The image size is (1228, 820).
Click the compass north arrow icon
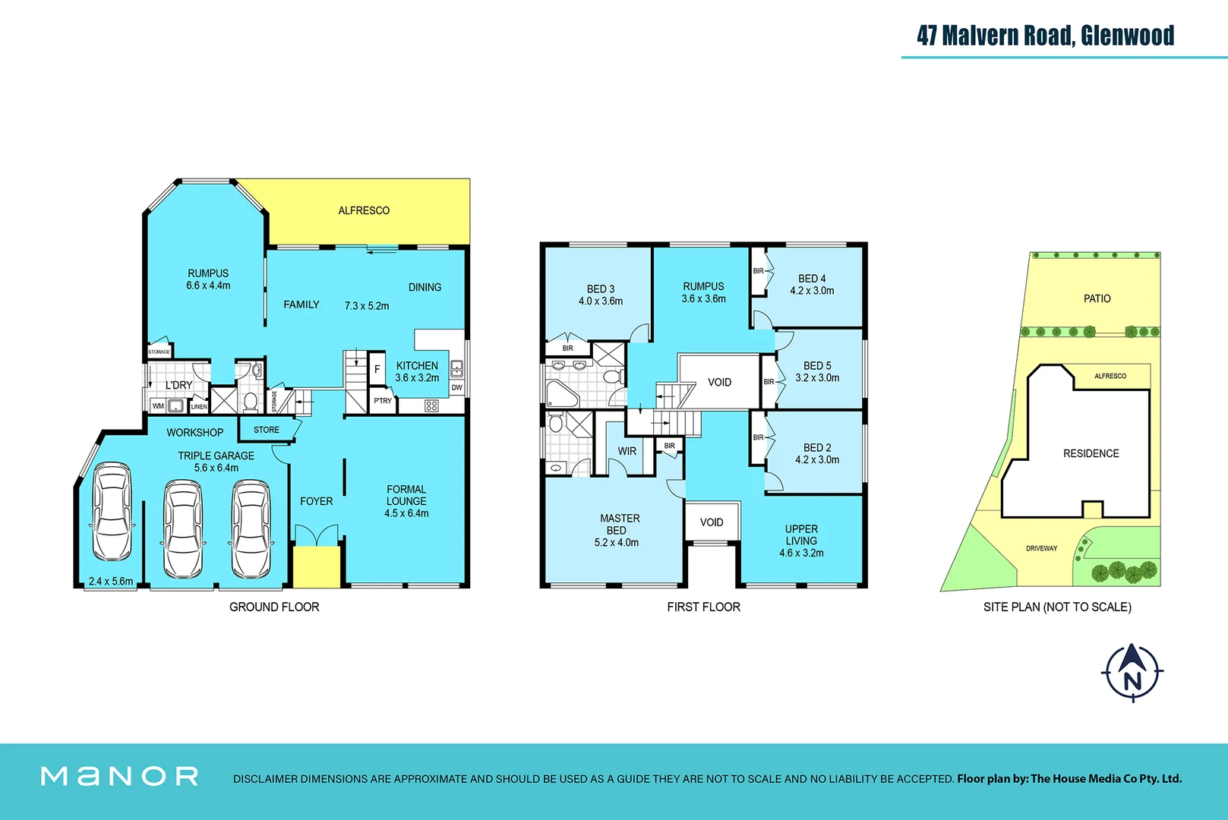point(1132,672)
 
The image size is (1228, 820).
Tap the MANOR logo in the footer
point(120,776)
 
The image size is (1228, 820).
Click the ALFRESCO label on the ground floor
point(364,210)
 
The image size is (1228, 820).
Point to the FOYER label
point(316,501)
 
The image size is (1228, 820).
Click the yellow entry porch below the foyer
point(317,566)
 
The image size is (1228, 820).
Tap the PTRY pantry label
point(383,401)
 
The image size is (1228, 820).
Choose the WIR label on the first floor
point(627,451)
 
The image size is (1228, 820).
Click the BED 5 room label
point(817,366)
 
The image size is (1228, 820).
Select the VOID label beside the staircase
point(719,382)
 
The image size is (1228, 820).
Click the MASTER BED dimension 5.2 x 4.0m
point(616,543)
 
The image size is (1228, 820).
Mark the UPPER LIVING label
point(801,535)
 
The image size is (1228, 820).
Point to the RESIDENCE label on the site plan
point(1091,453)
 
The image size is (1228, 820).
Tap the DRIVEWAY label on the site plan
point(1041,548)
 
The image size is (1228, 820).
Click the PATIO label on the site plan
point(1097,298)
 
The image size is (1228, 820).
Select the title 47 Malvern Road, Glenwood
point(1045,36)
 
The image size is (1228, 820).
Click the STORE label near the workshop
point(267,430)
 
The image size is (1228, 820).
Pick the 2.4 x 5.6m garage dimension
point(111,582)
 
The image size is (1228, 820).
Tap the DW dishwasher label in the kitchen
point(456,388)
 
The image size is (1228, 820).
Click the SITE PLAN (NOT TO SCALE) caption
point(1056,607)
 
